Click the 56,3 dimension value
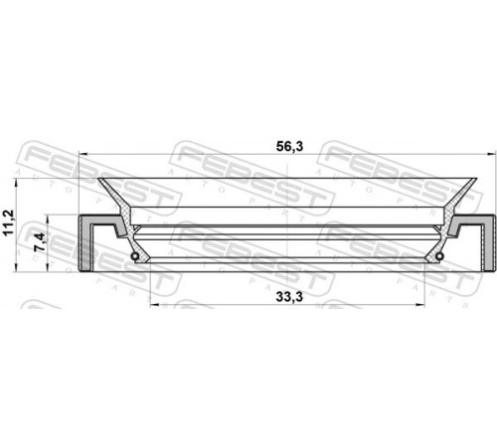point(289,146)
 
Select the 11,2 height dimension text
point(8,223)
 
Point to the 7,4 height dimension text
point(39,241)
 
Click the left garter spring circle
point(135,256)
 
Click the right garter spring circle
point(439,256)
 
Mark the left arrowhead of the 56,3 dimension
point(83,154)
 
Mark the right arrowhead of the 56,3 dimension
point(492,154)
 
